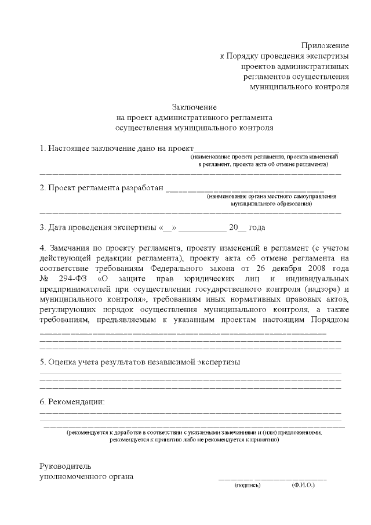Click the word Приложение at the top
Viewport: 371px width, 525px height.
[325, 45]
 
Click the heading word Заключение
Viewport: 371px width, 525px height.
[194, 107]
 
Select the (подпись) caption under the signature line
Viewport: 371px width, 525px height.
[247, 485]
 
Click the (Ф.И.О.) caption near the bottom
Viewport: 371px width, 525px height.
[303, 485]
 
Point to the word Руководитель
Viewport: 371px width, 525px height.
[65, 466]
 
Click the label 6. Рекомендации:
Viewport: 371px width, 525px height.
[72, 401]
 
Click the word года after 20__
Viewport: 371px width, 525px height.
[257, 227]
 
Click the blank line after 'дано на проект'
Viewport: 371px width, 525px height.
[266, 149]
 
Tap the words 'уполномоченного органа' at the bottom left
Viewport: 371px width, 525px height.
[86, 476]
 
